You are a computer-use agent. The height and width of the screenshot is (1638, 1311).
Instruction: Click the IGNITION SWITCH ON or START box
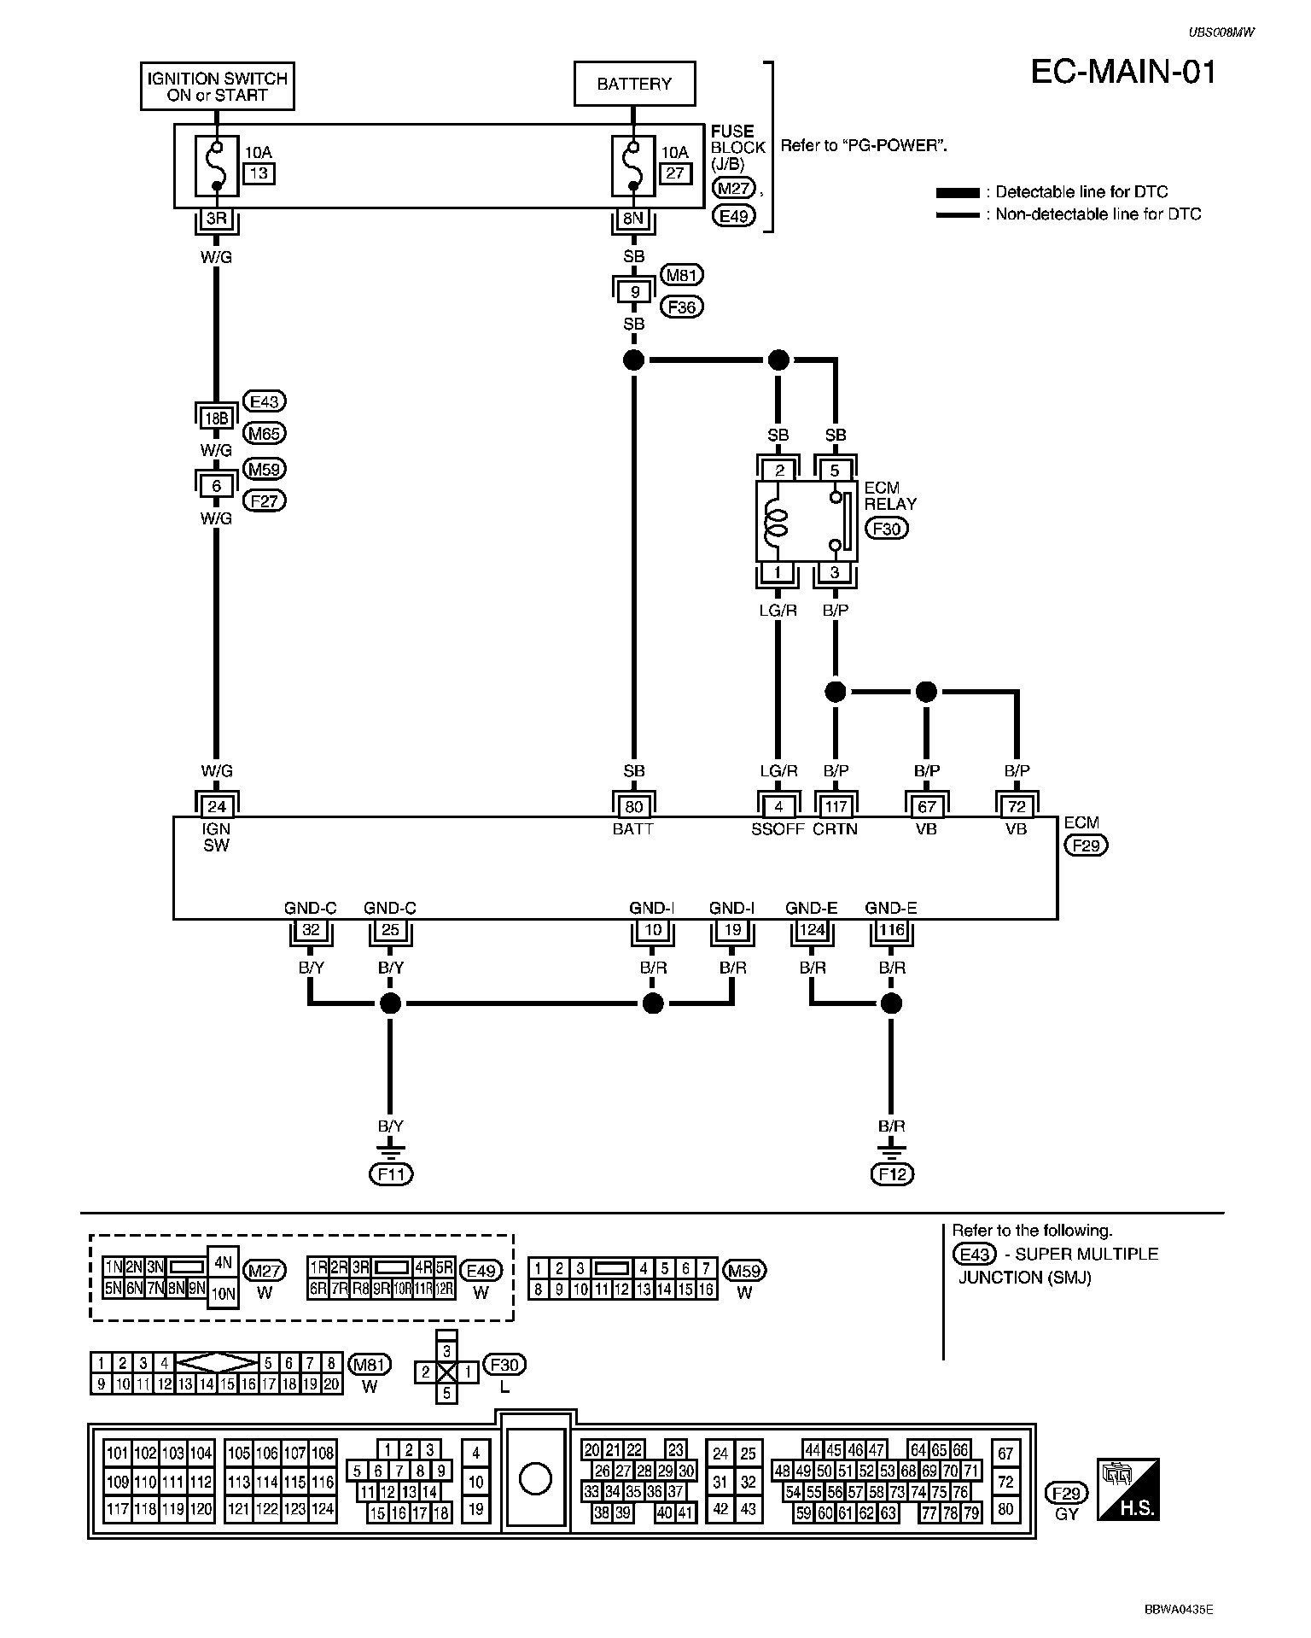(217, 86)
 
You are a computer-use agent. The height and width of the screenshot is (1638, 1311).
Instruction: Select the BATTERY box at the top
(634, 84)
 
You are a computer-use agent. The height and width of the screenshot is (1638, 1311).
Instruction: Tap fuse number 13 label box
(259, 173)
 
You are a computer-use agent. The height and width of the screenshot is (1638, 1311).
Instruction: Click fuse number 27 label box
(675, 173)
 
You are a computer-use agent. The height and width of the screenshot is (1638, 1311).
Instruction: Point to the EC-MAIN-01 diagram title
(1124, 73)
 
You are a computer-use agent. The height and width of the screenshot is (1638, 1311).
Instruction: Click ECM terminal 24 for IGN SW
(217, 806)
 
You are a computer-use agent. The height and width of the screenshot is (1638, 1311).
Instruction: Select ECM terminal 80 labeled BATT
(634, 806)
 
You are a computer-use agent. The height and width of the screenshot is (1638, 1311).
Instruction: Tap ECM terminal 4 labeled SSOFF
(778, 806)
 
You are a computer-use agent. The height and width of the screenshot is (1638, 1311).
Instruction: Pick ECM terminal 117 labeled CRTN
(836, 806)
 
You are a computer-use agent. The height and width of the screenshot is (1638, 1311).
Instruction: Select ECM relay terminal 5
(836, 470)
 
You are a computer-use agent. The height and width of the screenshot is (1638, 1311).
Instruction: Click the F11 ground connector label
(391, 1174)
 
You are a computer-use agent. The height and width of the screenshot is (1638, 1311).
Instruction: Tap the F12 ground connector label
(892, 1174)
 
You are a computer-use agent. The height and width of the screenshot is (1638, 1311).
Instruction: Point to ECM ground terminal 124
(811, 930)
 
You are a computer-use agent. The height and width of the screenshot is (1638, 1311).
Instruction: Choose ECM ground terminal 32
(311, 930)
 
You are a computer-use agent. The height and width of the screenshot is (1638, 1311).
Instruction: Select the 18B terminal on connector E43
(217, 418)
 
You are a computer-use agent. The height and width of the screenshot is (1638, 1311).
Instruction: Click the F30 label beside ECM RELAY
(887, 529)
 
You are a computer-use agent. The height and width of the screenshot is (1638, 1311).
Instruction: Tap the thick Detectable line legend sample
(958, 193)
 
